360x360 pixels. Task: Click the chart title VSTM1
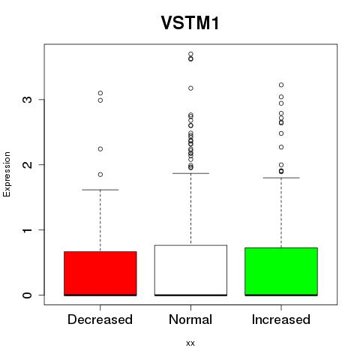[x=190, y=23]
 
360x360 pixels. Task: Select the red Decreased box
[x=100, y=274]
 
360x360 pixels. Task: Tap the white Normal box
[x=190, y=270]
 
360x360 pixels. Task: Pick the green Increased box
[x=281, y=271]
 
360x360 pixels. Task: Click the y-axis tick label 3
[x=27, y=100]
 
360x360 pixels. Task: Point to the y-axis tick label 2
[x=27, y=164]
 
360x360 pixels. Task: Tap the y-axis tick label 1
[x=27, y=229]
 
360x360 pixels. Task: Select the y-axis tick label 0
[x=27, y=295]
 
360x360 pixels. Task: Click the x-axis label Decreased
[x=100, y=319]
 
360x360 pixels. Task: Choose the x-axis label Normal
[x=190, y=319]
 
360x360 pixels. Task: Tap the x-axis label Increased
[x=281, y=319]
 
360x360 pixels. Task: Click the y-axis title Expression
[x=7, y=174]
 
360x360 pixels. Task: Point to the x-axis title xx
[x=190, y=343]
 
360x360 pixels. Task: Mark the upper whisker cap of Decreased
[x=100, y=190]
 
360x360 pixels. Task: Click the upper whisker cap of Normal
[x=190, y=173]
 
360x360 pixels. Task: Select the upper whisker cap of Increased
[x=281, y=178]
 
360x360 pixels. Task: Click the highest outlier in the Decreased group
[x=100, y=93]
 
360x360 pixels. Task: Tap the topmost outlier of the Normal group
[x=190, y=54]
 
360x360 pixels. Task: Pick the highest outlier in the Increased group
[x=281, y=85]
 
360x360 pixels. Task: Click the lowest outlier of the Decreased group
[x=100, y=175]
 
